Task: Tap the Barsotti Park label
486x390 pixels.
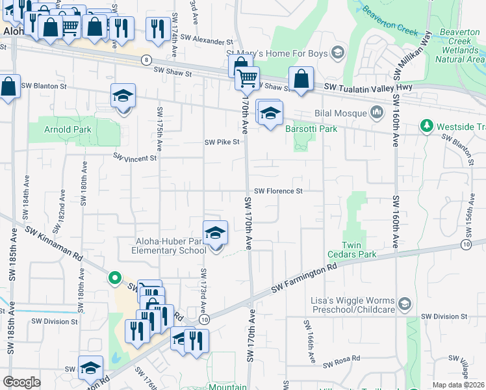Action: tap(311, 129)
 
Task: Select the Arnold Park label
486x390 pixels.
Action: tap(68, 129)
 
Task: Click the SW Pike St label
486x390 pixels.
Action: tap(222, 142)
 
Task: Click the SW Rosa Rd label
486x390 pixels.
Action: tap(342, 362)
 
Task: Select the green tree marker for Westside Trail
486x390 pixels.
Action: tap(427, 125)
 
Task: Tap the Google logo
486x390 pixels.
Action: tap(22, 382)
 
